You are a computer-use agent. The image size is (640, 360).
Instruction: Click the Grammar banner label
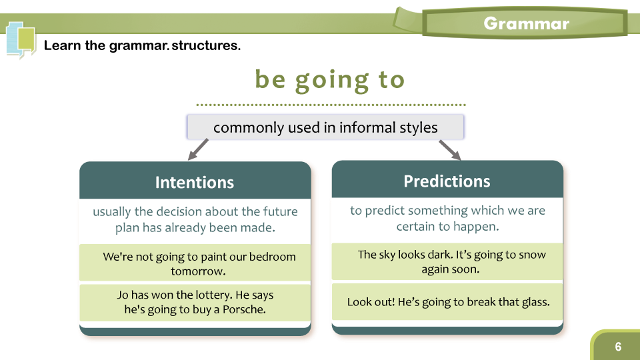point(526,24)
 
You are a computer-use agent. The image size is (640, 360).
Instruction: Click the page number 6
point(618,347)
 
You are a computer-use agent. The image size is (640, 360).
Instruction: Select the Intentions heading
point(195,183)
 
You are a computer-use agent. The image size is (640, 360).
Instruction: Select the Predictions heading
point(447,181)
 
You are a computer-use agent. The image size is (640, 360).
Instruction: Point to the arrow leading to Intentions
point(198,149)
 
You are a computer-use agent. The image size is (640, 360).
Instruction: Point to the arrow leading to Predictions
point(450,150)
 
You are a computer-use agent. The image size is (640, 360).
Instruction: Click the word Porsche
point(244,309)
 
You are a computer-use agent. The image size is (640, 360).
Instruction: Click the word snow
point(533,255)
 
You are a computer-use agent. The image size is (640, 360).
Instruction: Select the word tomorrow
point(198,271)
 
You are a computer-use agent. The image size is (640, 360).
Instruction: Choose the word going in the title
point(332,81)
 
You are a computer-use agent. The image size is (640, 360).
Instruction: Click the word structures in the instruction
point(206,45)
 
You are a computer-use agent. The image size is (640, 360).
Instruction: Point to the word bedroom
point(272,256)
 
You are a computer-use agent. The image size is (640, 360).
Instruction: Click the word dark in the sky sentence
point(440,254)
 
